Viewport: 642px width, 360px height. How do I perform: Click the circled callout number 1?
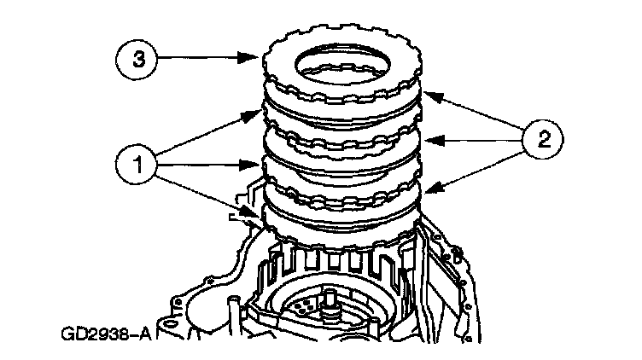point(133,161)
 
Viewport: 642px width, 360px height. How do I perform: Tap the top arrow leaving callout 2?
point(470,111)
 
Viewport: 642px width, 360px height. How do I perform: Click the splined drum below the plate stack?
point(341,256)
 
